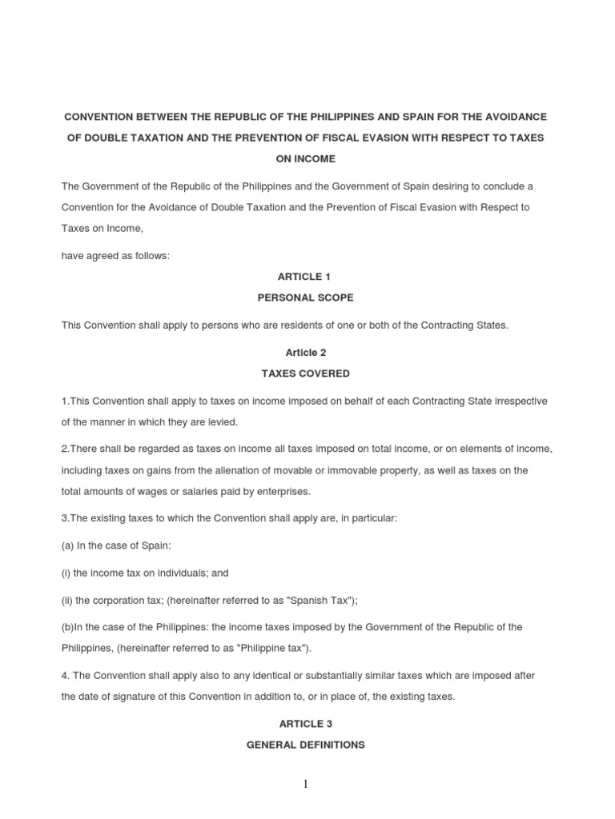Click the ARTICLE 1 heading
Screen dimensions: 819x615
pyautogui.click(x=304, y=277)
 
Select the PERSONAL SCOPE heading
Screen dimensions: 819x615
pyautogui.click(x=304, y=298)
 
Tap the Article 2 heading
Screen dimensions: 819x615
pyautogui.click(x=304, y=352)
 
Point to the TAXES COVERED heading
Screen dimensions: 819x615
pyautogui.click(x=304, y=374)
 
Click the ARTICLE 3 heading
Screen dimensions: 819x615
pyautogui.click(x=304, y=723)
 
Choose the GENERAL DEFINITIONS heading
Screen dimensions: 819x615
pyautogui.click(x=304, y=745)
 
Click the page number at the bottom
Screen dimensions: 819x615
pyautogui.click(x=305, y=785)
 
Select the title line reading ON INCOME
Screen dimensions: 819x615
pyautogui.click(x=304, y=159)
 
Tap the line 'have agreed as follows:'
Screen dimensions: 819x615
pyautogui.click(x=116, y=256)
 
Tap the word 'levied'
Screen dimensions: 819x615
pyautogui.click(x=221, y=421)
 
